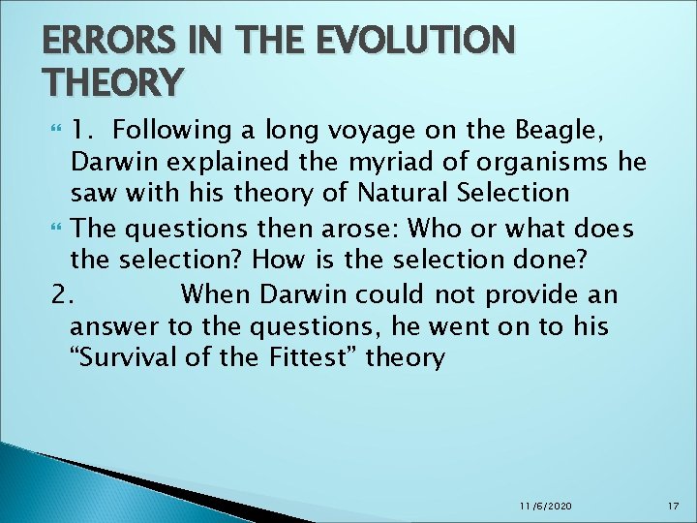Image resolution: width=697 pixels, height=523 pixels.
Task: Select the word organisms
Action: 518,162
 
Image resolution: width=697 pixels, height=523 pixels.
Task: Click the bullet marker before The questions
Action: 54,231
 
